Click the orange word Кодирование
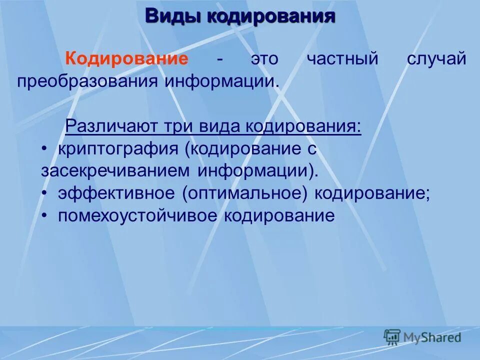click(127, 59)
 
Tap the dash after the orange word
click(219, 59)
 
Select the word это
click(264, 59)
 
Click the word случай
click(436, 59)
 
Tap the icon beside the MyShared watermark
click(392, 337)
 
